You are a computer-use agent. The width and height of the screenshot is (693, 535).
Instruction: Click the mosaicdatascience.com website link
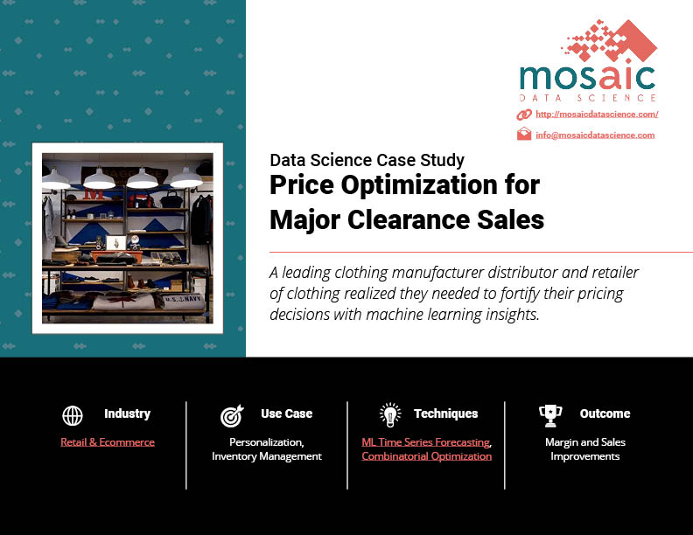[x=597, y=115]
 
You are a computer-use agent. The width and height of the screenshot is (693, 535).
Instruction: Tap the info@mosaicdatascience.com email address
[x=595, y=135]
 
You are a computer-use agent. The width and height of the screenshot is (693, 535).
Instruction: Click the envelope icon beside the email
[x=524, y=134]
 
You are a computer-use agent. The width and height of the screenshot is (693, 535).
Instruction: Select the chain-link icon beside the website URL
[x=524, y=115]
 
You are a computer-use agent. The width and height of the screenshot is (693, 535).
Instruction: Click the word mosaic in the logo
[x=587, y=78]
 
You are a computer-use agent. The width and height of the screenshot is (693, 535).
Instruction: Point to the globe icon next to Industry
[x=73, y=416]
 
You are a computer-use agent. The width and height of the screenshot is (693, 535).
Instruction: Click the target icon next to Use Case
[x=233, y=416]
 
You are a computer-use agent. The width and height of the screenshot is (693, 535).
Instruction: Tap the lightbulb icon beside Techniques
[x=390, y=415]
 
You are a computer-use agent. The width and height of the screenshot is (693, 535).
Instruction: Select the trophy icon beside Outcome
[x=550, y=416]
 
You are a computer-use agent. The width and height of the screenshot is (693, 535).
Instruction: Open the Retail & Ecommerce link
[x=108, y=441]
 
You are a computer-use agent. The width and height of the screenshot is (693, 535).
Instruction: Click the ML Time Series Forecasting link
[x=426, y=441]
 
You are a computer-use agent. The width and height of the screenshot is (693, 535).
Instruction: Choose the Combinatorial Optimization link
[x=426, y=456]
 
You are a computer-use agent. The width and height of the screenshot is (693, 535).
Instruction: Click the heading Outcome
[x=605, y=413]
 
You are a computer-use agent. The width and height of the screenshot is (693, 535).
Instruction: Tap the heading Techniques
[x=446, y=413]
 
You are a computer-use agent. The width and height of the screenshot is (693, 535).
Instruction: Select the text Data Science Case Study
[x=367, y=160]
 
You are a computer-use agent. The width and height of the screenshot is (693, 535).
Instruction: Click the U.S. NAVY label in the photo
[x=183, y=300]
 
